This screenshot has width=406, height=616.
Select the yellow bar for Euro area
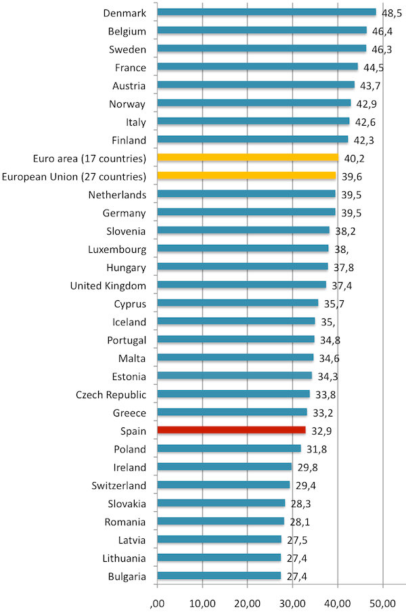coord(247,158)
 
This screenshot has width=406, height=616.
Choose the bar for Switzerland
coord(223,485)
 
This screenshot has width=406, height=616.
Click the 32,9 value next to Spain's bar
coord(321,430)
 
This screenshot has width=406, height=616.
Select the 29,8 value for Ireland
coord(307,467)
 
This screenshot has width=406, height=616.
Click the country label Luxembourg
coord(117,249)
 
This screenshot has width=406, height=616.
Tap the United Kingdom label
coord(108,285)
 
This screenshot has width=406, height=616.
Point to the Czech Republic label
coord(111,394)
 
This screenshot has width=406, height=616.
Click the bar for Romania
coord(221,521)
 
